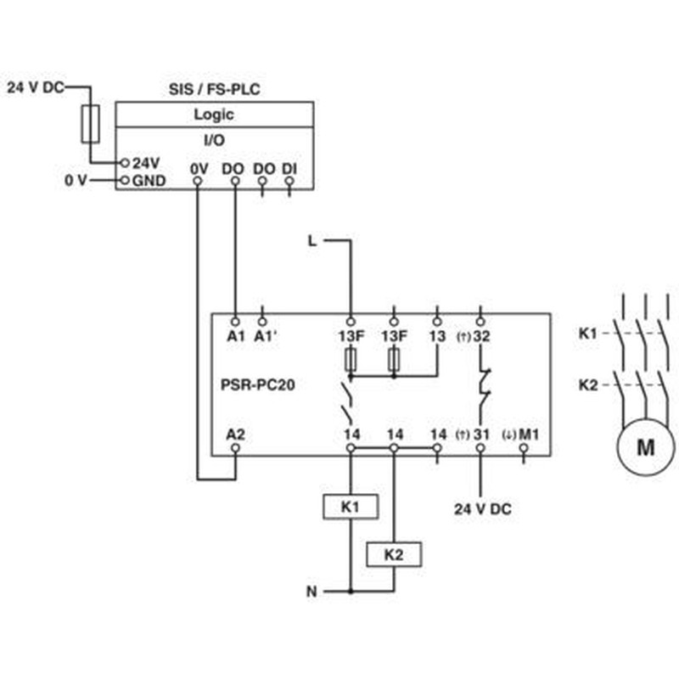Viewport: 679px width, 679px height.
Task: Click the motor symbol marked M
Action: point(646,446)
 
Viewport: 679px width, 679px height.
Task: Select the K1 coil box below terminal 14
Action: point(351,507)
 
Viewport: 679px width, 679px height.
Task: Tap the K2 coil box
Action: point(394,554)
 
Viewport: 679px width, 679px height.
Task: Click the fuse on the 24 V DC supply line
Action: point(91,124)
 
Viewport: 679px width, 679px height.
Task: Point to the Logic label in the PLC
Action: point(214,115)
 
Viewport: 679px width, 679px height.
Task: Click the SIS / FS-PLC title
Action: point(215,89)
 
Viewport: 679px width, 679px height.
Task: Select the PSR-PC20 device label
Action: point(258,384)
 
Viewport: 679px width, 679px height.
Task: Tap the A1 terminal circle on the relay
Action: point(235,322)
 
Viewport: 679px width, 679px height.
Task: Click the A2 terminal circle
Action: point(236,448)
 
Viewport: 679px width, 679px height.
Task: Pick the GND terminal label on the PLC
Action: point(149,181)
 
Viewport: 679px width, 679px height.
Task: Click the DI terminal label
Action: point(289,169)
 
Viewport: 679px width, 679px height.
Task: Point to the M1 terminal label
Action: point(529,434)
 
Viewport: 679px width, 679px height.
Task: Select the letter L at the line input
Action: point(312,241)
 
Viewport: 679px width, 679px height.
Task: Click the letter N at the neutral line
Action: point(311,591)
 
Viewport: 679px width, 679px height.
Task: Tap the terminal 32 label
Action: point(481,336)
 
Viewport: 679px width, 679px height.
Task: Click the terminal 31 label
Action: point(481,434)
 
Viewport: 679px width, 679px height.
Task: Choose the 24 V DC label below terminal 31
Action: point(483,508)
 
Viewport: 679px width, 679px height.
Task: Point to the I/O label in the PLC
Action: point(215,140)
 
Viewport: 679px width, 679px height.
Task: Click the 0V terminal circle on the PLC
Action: point(198,180)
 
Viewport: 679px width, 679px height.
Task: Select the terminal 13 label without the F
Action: point(437,336)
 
